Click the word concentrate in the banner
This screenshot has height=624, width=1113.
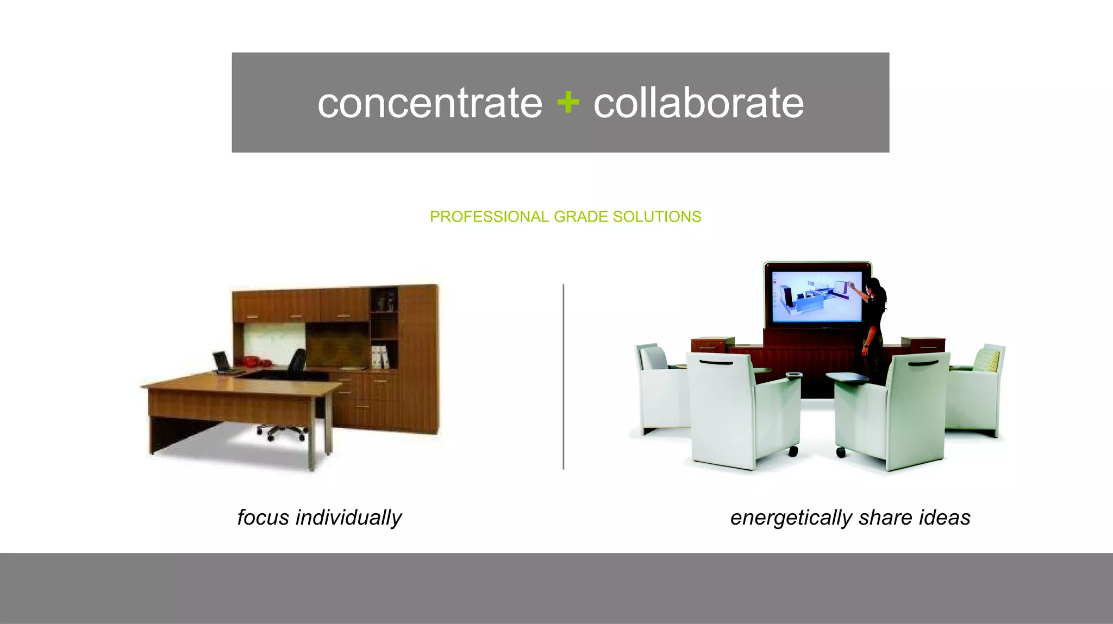point(429,103)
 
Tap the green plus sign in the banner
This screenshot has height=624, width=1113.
point(568,102)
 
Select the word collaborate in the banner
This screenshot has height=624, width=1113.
point(698,103)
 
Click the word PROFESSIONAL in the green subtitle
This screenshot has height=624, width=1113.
point(489,217)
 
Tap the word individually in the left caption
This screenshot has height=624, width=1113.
point(348,518)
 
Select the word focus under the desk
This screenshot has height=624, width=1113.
point(263,518)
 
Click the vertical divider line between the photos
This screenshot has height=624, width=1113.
point(564,376)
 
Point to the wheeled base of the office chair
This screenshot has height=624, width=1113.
point(282,432)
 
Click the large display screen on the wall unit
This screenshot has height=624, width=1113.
point(817,297)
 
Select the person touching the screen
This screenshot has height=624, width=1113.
point(874,326)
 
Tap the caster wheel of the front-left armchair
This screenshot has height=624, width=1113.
point(793,451)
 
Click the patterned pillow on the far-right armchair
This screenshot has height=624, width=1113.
point(986,360)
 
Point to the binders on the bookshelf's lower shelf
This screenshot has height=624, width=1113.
point(379,357)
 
